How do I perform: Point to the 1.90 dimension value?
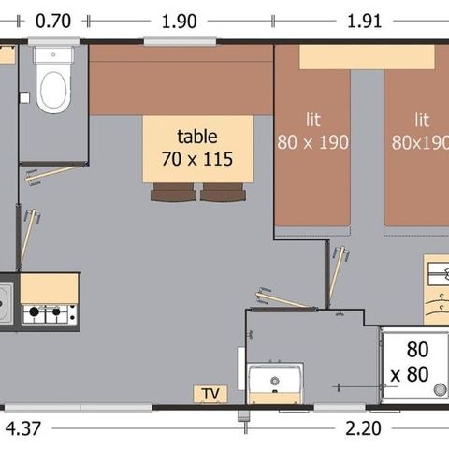coord(179,19)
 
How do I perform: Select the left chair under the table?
coord(171,193)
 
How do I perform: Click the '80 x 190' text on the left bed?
coord(312,143)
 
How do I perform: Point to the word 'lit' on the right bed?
coord(421,120)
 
